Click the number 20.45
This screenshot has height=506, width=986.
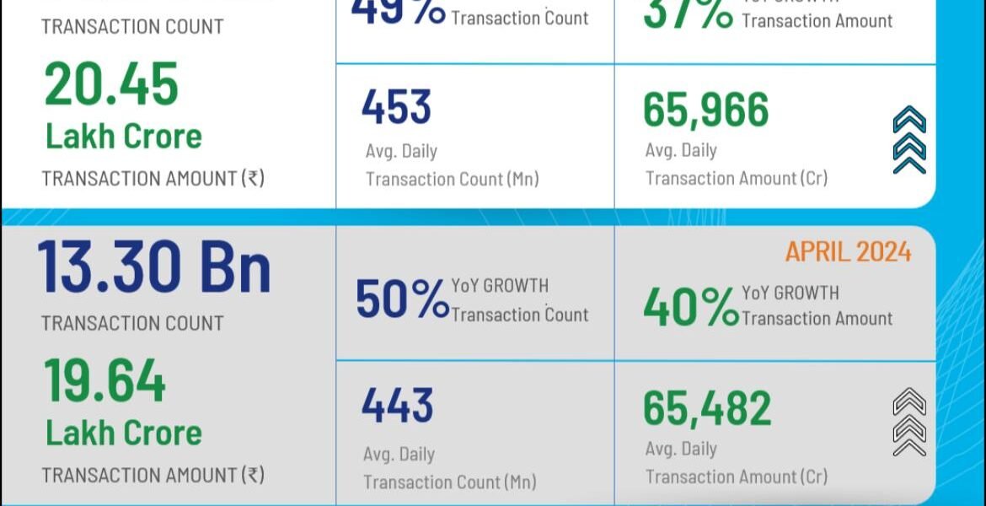tap(111, 84)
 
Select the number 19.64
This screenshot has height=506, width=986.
tap(105, 381)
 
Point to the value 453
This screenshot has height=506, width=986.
tap(396, 107)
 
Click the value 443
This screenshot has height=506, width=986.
tap(397, 406)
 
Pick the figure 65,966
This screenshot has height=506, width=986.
tap(706, 110)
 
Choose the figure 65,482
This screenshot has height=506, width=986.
tap(707, 408)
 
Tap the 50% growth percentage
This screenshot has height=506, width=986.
tap(401, 300)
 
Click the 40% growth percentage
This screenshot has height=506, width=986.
tap(690, 307)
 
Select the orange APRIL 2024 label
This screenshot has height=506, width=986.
tap(848, 251)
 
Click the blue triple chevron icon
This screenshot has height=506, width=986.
tap(908, 140)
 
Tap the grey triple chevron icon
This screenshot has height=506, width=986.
tap(908, 422)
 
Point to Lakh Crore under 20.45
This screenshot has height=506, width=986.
tap(124, 136)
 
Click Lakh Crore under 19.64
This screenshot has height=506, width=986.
tap(124, 433)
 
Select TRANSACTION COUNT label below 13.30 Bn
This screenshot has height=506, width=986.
tap(132, 323)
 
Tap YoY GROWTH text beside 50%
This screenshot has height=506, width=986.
tap(500, 286)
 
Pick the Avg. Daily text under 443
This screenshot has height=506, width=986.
tap(399, 454)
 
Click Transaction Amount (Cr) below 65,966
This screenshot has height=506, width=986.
tap(737, 178)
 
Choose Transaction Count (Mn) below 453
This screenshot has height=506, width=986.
tap(452, 179)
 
